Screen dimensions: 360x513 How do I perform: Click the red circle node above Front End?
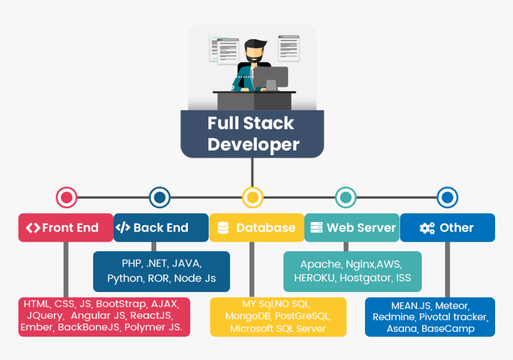point(66,198)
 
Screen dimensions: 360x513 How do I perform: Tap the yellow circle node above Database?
point(252,198)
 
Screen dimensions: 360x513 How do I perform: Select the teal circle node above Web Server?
point(345,198)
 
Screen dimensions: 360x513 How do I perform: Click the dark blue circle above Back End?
point(159,198)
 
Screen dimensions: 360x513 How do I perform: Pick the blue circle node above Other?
point(447,198)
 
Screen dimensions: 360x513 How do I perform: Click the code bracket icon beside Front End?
point(33,227)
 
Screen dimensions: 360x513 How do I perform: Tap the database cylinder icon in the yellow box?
point(223,228)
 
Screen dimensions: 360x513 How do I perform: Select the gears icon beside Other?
point(427,228)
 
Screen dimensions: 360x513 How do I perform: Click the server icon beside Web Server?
point(316,227)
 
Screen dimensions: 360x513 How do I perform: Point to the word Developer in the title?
point(253,144)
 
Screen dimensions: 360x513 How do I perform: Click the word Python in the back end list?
point(125,278)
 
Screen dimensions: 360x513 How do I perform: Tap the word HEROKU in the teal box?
point(314,278)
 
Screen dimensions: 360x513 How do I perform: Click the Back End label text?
point(160,227)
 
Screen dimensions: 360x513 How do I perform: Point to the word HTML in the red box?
point(37,303)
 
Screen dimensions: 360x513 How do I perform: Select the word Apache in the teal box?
point(320,264)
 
